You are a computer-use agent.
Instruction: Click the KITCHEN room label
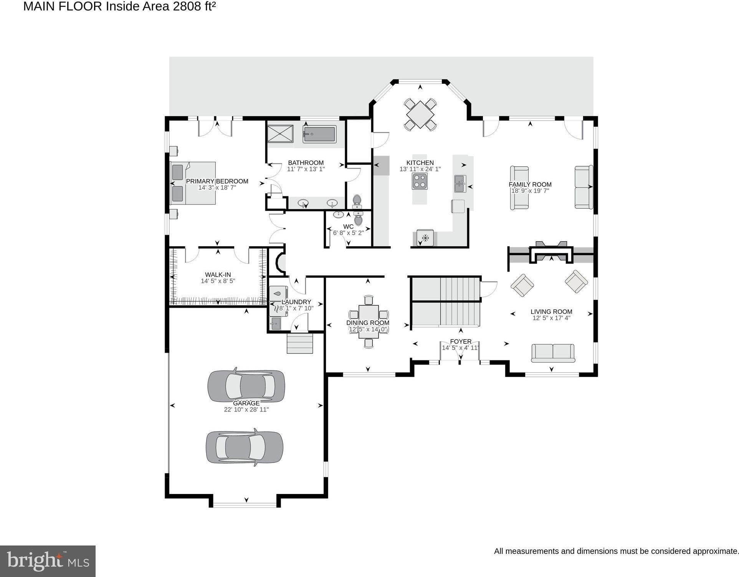[420, 163]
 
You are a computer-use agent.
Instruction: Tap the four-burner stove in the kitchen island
[420, 181]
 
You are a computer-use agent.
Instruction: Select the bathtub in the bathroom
[319, 134]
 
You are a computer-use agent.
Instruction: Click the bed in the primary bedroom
[193, 183]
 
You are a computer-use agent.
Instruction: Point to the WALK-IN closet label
[218, 275]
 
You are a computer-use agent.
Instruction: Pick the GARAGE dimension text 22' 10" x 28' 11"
[246, 410]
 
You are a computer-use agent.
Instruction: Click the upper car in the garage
[246, 386]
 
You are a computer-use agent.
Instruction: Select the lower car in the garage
[245, 448]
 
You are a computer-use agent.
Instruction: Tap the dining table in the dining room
[369, 322]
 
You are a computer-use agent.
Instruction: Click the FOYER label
[461, 342]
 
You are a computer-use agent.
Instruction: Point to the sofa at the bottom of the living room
[553, 353]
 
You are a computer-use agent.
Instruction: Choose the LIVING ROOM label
[551, 312]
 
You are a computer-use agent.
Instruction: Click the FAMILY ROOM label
[530, 185]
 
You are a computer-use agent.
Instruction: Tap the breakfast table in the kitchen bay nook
[420, 114]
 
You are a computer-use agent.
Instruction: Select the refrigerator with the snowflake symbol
[425, 238]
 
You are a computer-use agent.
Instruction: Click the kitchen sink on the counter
[460, 184]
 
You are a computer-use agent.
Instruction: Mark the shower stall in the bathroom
[280, 134]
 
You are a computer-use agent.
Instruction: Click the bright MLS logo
[48, 561]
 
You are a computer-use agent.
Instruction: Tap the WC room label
[348, 227]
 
